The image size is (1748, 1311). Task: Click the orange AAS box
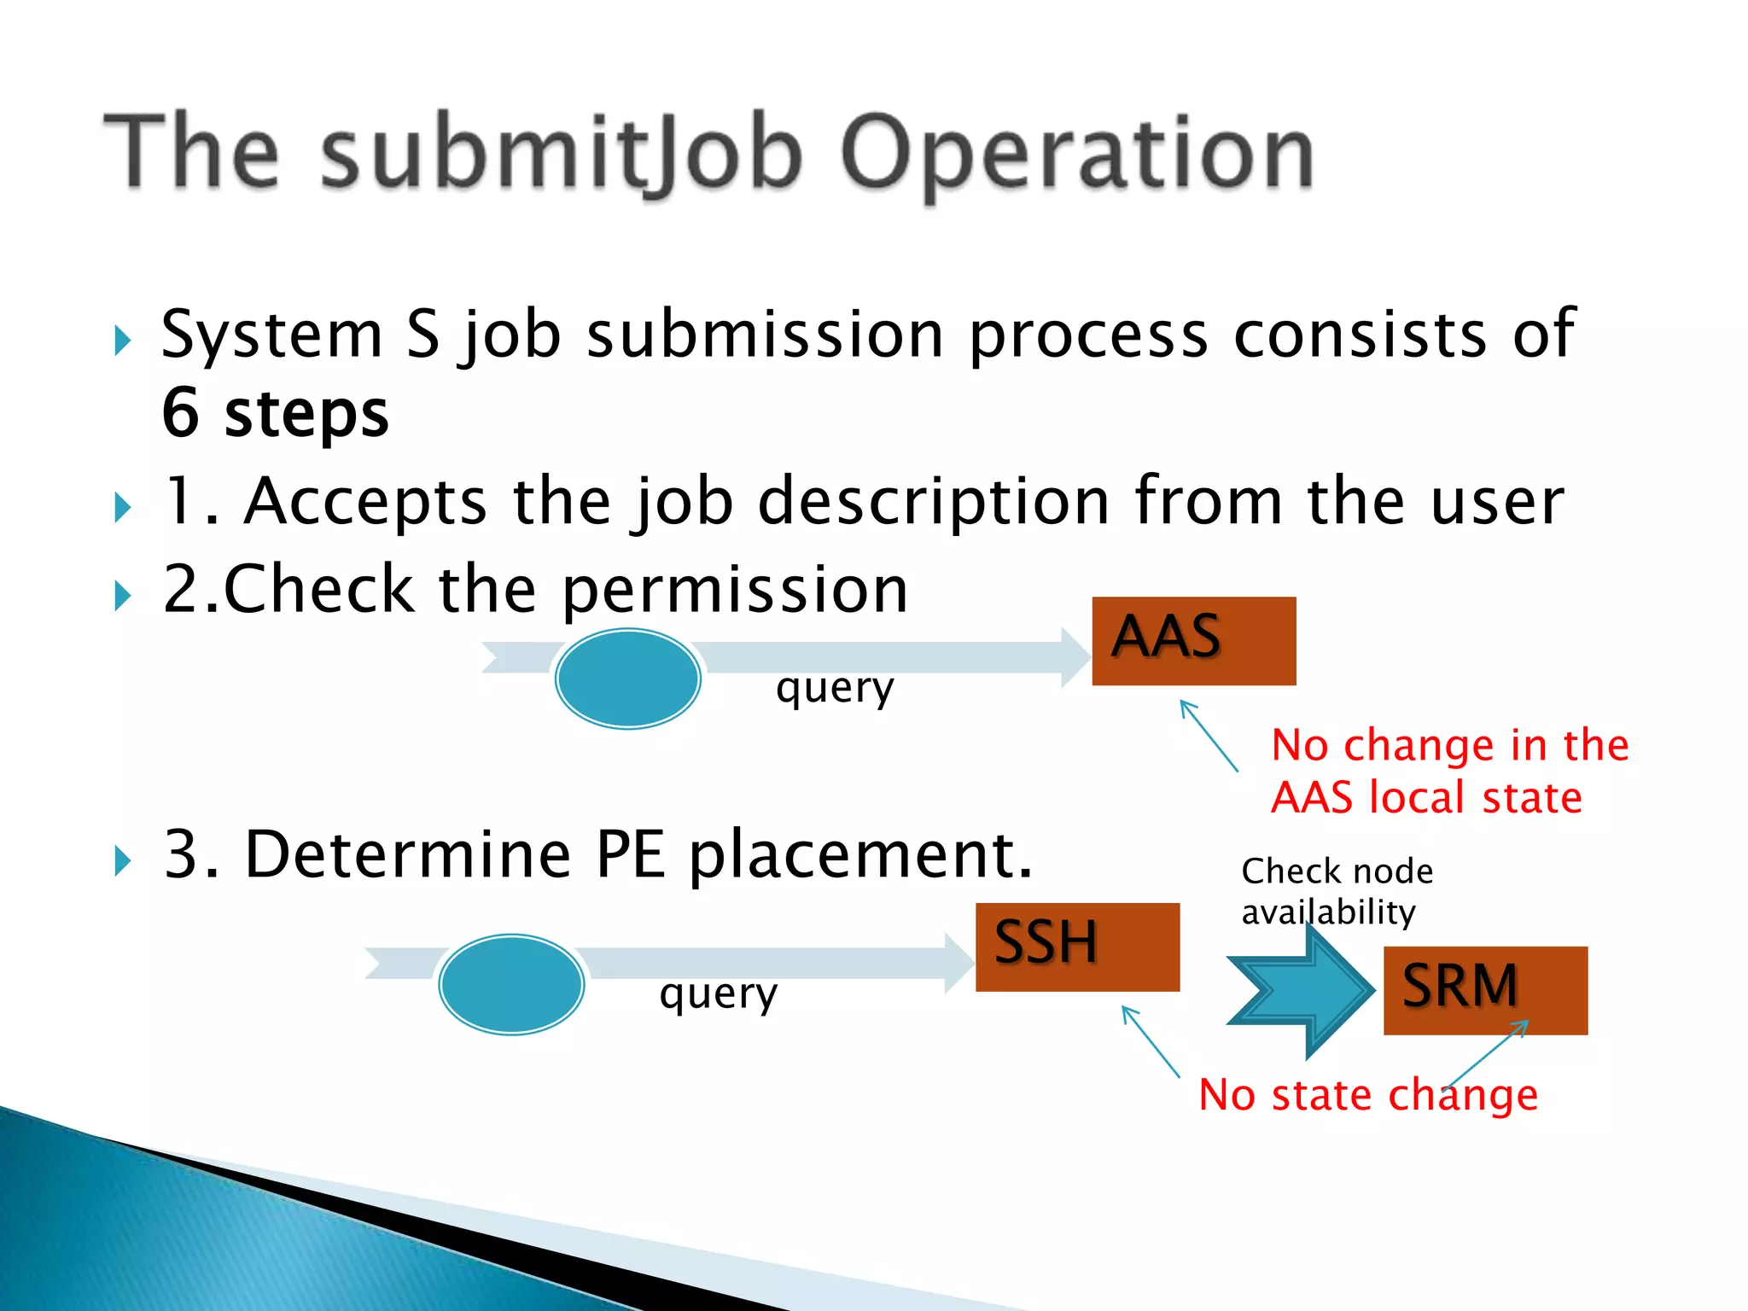coord(1193,641)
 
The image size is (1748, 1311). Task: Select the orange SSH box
coord(1077,947)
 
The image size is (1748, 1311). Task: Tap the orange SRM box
coord(1485,990)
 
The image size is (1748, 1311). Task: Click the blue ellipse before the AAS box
coord(628,679)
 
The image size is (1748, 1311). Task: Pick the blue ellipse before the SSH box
coord(511,984)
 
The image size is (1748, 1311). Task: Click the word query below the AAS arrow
coord(835,688)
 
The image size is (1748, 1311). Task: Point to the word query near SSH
coord(718,993)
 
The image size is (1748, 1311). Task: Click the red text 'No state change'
coord(1367,1095)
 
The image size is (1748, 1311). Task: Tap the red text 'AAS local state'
coord(1425,798)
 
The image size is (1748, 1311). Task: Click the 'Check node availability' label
coord(1337,891)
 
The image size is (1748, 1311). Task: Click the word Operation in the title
coord(1077,154)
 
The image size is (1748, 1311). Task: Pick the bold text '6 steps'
coord(275,413)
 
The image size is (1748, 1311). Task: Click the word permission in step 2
coord(735,590)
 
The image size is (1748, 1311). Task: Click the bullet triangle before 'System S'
coord(122,341)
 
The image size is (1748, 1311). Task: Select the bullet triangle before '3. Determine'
coord(122,861)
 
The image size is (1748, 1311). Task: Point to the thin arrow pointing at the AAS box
coord(1209,735)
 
